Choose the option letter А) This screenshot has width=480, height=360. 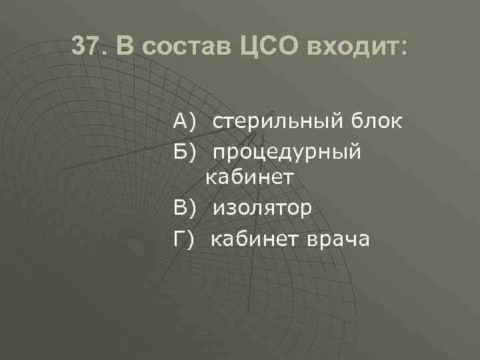pos(184,122)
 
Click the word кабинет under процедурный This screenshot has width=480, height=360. pos(249,177)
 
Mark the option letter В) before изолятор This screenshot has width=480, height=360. pos(184,209)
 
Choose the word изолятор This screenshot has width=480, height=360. pos(263,209)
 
